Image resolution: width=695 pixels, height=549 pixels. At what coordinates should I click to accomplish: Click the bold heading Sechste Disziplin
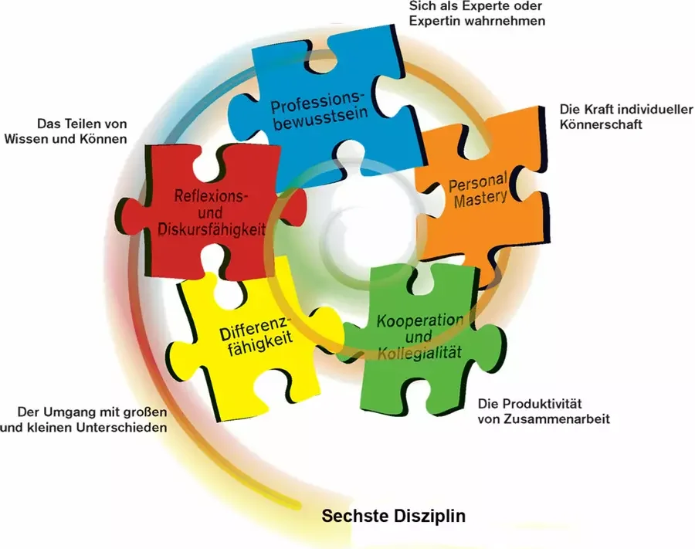tap(394, 517)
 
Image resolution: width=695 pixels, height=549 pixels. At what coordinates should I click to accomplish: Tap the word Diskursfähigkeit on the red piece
tap(212, 229)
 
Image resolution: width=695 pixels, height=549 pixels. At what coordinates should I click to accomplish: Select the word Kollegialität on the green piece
tap(420, 353)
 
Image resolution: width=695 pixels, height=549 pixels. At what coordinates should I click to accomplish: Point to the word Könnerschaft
tap(601, 124)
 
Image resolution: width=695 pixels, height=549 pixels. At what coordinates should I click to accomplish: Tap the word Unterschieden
tap(122, 428)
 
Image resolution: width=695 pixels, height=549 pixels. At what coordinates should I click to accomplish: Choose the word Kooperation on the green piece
tap(420, 320)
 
